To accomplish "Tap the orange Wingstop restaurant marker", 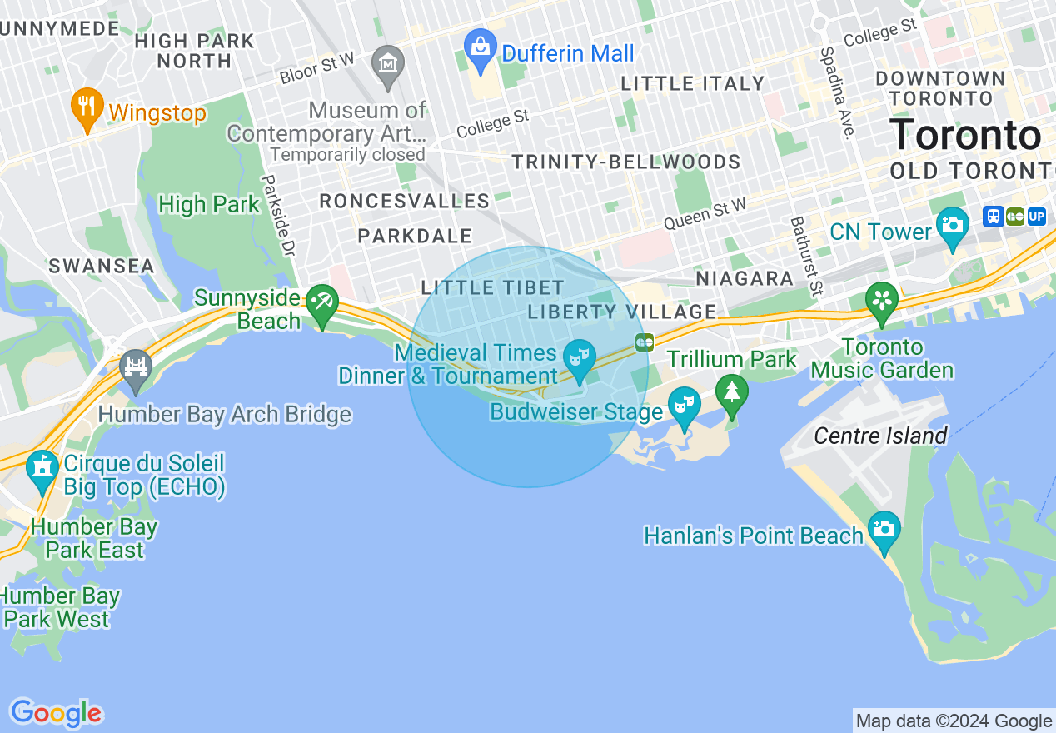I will [87, 107].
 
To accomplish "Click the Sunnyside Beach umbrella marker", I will [321, 303].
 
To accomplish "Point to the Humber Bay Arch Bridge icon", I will [135, 369].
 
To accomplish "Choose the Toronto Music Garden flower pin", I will [881, 301].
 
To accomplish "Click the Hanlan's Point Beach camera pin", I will [884, 530].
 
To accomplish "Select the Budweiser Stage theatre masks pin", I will [685, 406].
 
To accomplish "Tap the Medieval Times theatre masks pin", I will [579, 358].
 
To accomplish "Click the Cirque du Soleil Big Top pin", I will [42, 469].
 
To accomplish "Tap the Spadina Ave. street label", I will [836, 92].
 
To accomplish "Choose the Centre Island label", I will [880, 436].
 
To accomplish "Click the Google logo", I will [56, 713].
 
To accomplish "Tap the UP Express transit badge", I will [1037, 217].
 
